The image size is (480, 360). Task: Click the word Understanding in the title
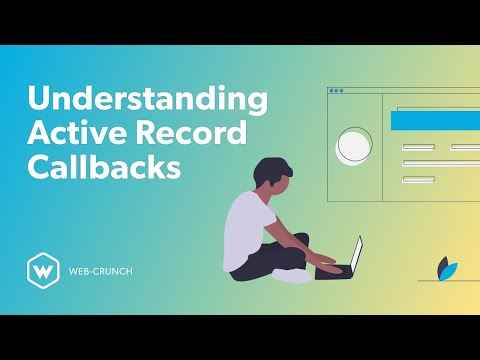pyautogui.click(x=148, y=101)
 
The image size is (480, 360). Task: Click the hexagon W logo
pyautogui.click(x=40, y=270)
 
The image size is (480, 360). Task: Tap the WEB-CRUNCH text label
pyautogui.click(x=101, y=271)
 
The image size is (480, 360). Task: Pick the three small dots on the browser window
pyautogui.click(x=337, y=90)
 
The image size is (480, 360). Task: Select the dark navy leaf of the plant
pyautogui.click(x=443, y=267)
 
